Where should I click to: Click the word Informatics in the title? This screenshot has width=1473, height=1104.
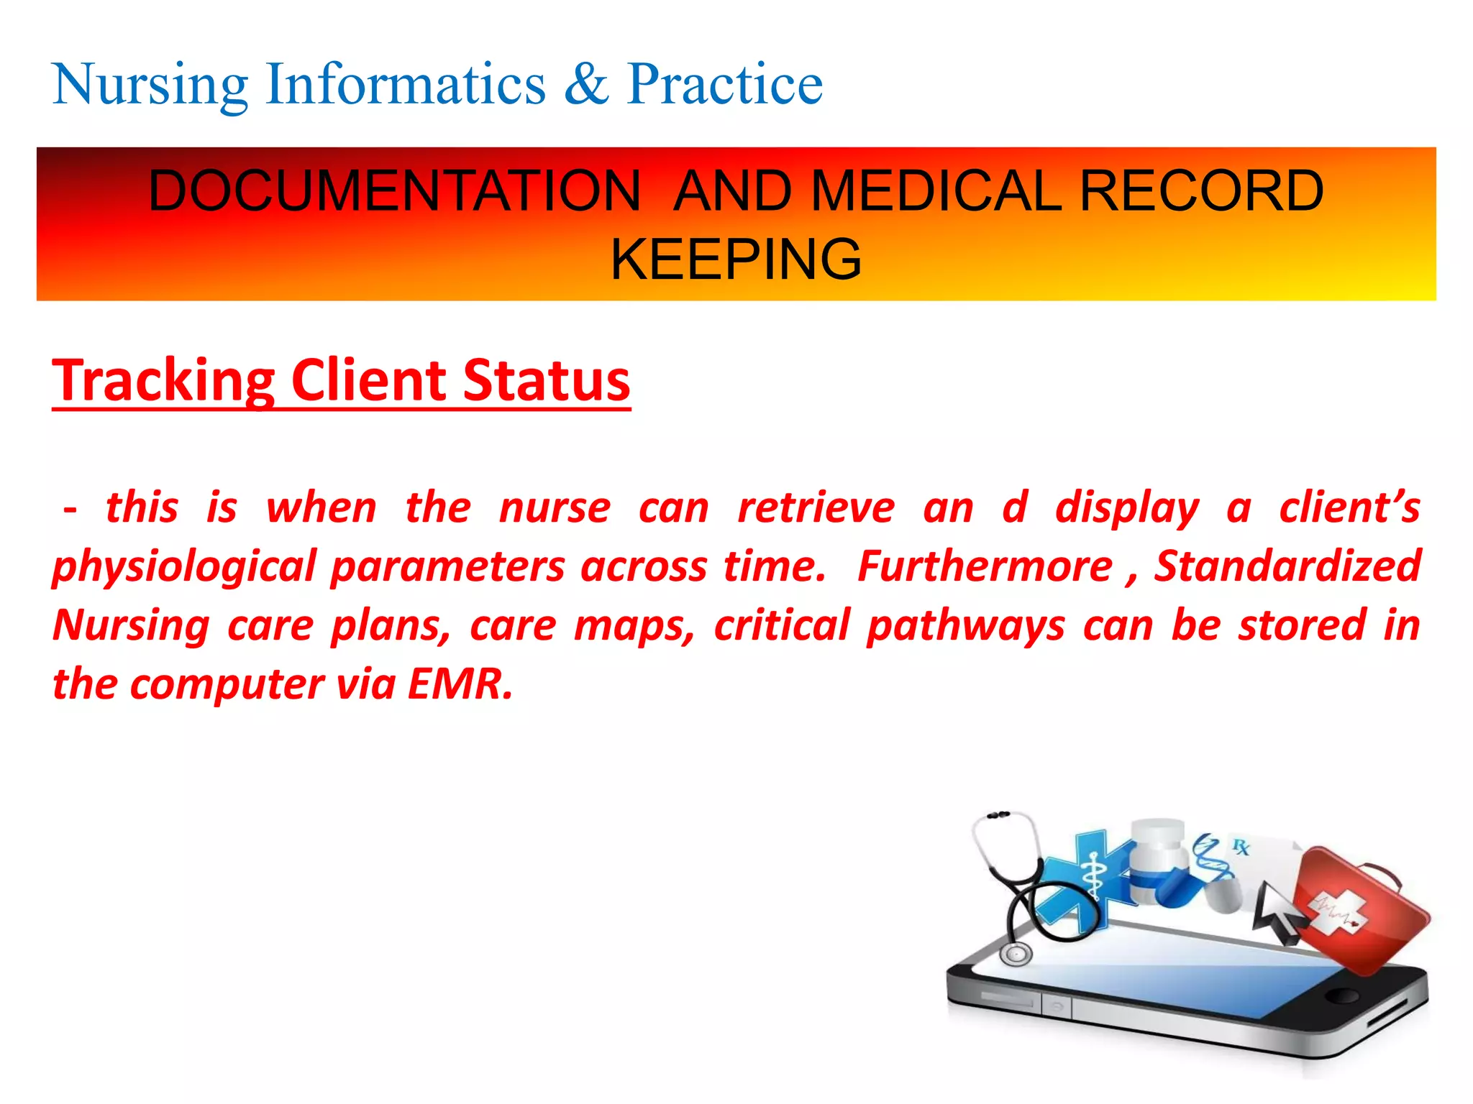pos(406,85)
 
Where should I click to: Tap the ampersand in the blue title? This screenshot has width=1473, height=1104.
pos(586,85)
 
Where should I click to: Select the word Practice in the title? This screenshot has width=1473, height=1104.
pos(724,85)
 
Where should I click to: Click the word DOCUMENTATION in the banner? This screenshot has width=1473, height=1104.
pos(394,191)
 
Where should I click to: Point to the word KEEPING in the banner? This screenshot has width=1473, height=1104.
pos(736,259)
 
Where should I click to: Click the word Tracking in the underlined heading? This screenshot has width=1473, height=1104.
pos(164,380)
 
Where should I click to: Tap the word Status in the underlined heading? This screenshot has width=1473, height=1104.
pos(547,380)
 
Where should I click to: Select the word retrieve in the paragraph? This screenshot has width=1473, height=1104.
pos(816,507)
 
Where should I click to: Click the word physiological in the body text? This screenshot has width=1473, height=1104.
pos(184,566)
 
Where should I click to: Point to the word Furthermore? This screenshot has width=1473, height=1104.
pos(985,566)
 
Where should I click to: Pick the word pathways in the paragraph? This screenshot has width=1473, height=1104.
pos(966,625)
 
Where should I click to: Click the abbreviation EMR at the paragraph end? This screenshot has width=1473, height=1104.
pos(460,684)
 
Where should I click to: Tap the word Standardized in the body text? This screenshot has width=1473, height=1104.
pos(1287,566)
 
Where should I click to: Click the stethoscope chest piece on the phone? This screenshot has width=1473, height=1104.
pos(1016,954)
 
